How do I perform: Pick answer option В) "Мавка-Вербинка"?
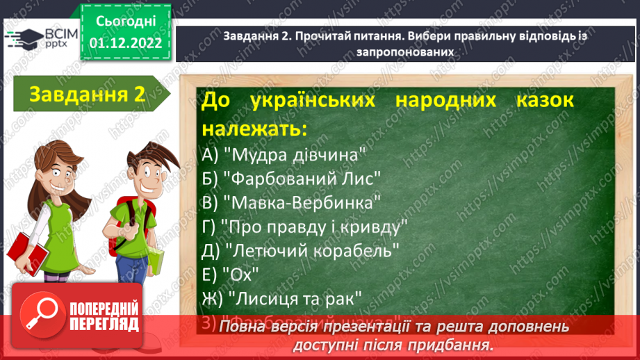tap(291, 202)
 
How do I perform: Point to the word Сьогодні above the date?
tap(125, 22)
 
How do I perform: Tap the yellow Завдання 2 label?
tap(88, 95)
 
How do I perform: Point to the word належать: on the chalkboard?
tap(254, 129)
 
